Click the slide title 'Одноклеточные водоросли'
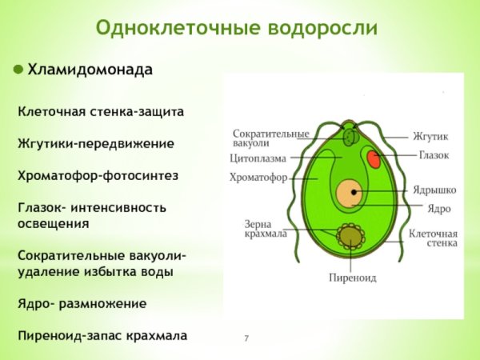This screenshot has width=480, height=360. point(236,29)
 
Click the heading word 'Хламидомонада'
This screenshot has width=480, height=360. point(90,70)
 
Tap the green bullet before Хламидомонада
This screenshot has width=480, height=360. point(18,70)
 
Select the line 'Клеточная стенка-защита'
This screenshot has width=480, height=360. point(101,111)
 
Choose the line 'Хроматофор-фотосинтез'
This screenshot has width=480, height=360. point(98,175)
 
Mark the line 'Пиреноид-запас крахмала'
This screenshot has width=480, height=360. point(102,336)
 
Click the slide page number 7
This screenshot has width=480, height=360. point(246,340)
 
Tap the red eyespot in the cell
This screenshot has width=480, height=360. point(374,159)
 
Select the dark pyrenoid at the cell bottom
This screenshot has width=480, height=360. point(349,235)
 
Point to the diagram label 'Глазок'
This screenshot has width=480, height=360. point(433,154)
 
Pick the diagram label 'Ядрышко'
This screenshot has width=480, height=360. point(434,190)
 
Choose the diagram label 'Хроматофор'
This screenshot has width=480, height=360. point(258,178)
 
